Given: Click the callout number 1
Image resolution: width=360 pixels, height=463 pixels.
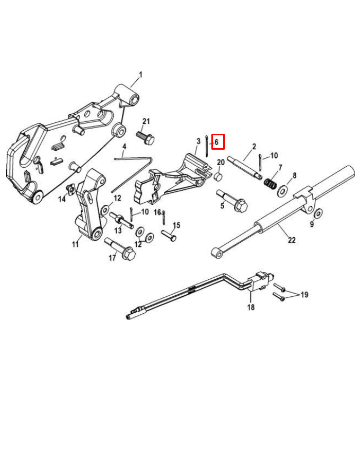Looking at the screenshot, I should pos(140,75).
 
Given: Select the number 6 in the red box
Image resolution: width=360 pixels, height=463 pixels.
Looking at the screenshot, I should pos(217,141).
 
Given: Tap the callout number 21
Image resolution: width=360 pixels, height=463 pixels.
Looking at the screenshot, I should pos(146,121).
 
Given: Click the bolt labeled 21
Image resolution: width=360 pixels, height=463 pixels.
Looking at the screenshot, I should pos(146,138).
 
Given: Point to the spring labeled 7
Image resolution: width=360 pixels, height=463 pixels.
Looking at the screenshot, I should pos(271,182).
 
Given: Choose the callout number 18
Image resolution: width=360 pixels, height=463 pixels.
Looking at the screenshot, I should pos(251,308).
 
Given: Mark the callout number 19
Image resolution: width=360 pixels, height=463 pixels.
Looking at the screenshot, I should pos(304,295).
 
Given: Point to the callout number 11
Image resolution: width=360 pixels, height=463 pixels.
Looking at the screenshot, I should pos(76,244).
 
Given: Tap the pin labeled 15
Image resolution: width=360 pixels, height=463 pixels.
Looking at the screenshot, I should pos(168,235).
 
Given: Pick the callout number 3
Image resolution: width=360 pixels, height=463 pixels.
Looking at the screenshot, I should pos(198,141).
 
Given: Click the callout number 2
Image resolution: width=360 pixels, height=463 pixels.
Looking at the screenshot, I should pos(254,147).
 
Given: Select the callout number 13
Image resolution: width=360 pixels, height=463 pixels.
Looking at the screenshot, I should pos(118,231).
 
